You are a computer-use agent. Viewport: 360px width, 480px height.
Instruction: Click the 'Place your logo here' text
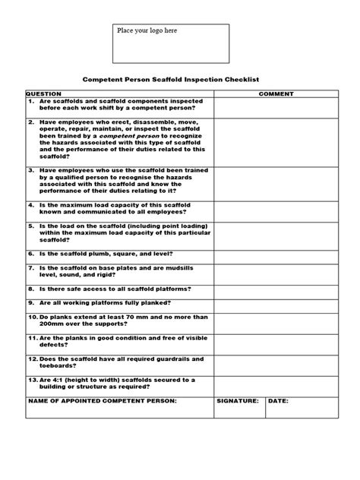147,30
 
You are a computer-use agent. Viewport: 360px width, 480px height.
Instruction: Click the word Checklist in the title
252,77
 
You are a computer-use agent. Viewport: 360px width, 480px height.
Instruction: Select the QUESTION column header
44,94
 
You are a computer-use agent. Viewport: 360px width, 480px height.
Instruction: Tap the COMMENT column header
276,94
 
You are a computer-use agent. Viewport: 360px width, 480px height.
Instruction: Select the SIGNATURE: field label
237,400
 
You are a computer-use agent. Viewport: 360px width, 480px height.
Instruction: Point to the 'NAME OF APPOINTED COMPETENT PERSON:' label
102,400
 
